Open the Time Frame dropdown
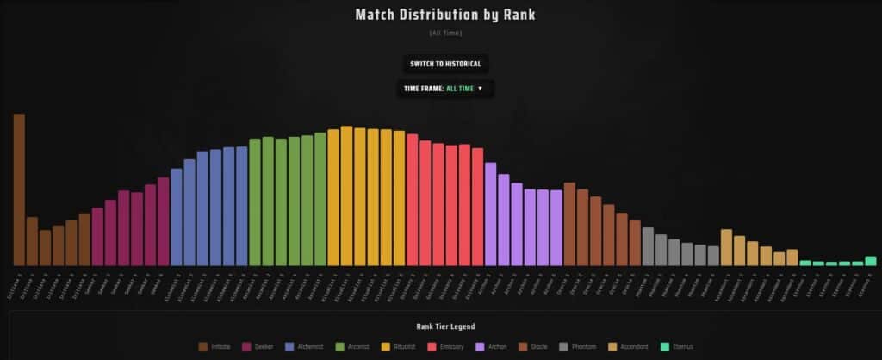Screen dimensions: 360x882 (444, 88)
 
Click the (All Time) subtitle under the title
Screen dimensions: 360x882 (445, 34)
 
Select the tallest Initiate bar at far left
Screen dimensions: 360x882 (19, 189)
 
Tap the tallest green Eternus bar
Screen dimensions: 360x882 (870, 261)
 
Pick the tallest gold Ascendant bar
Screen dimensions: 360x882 (726, 247)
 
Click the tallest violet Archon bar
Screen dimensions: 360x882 (490, 214)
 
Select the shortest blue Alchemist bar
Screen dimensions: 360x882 (177, 217)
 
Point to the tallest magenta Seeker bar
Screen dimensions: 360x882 (164, 221)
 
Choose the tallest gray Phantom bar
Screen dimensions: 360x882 (648, 246)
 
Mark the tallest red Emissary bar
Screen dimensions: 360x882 (412, 200)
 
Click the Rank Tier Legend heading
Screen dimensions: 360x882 (445, 326)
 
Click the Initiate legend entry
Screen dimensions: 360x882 (214, 346)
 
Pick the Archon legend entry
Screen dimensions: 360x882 (492, 346)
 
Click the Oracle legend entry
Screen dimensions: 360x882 (535, 346)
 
